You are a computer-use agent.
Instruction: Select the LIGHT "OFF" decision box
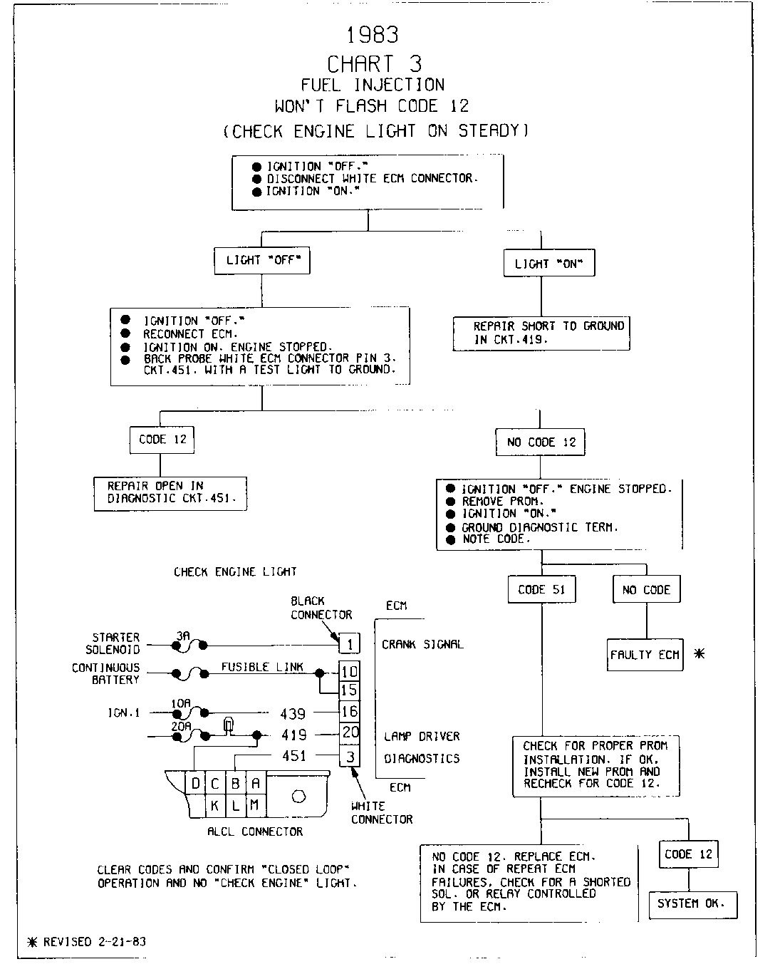[263, 261]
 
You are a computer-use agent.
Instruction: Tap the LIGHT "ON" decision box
[548, 264]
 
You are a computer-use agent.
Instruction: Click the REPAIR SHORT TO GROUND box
[541, 333]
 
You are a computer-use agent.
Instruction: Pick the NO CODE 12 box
[541, 442]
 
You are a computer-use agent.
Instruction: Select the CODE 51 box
[541, 589]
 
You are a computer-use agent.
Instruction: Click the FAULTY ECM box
[645, 654]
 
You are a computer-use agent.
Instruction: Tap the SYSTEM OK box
[692, 903]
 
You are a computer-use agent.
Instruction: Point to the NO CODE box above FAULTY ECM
[646, 589]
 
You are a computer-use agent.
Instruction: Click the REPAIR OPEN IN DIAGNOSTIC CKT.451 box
[170, 493]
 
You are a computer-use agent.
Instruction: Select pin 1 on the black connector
[349, 644]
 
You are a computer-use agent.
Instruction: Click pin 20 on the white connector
[350, 733]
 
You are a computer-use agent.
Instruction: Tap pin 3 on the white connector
[350, 756]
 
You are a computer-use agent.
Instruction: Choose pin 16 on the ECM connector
[350, 711]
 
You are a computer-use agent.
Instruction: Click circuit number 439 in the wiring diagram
[293, 713]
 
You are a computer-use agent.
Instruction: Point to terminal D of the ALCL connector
[195, 784]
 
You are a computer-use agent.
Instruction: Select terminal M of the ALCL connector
[254, 806]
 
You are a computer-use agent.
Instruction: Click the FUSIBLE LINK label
[261, 667]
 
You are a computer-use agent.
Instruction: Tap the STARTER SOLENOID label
[113, 643]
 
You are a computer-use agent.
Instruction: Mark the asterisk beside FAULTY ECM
[699, 653]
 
